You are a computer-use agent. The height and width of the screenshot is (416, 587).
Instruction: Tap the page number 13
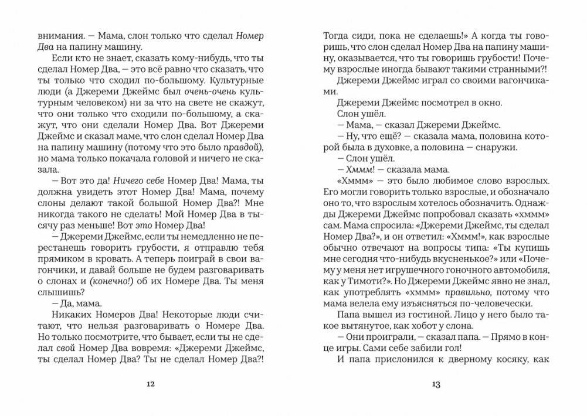click(x=436, y=384)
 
